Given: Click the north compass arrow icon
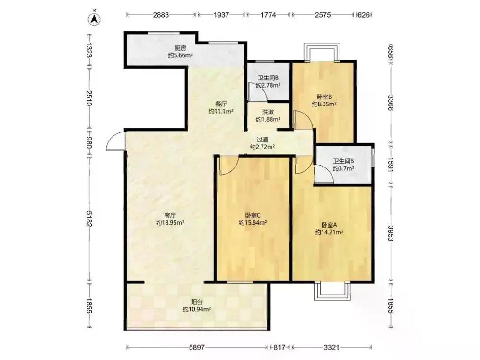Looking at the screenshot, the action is tap(95, 18).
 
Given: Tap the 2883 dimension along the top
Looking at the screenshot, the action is tap(161, 15).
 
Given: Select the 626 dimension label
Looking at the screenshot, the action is tap(363, 15).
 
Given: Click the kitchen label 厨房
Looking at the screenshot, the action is tap(180, 48).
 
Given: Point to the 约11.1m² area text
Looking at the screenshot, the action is tap(221, 111).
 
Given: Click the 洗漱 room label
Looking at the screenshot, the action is tap(268, 112).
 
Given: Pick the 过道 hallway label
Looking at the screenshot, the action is tap(262, 140).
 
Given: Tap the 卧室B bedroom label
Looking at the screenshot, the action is tap(324, 97).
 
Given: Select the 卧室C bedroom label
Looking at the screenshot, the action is tap(253, 215).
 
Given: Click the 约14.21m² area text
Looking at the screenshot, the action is tap(329, 232).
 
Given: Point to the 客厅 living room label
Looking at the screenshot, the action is tap(170, 215).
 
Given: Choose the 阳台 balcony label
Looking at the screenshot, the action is tap(197, 302).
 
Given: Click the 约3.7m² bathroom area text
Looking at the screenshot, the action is tap(343, 168).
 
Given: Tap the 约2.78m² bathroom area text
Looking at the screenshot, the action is tap(268, 85).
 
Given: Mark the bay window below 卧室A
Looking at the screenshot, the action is tap(333, 290).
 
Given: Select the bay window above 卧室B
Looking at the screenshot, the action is tap(322, 52).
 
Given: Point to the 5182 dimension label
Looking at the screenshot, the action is tap(89, 219).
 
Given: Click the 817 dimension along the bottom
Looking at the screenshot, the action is tap(279, 347).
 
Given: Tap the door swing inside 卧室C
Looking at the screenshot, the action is tap(229, 166).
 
